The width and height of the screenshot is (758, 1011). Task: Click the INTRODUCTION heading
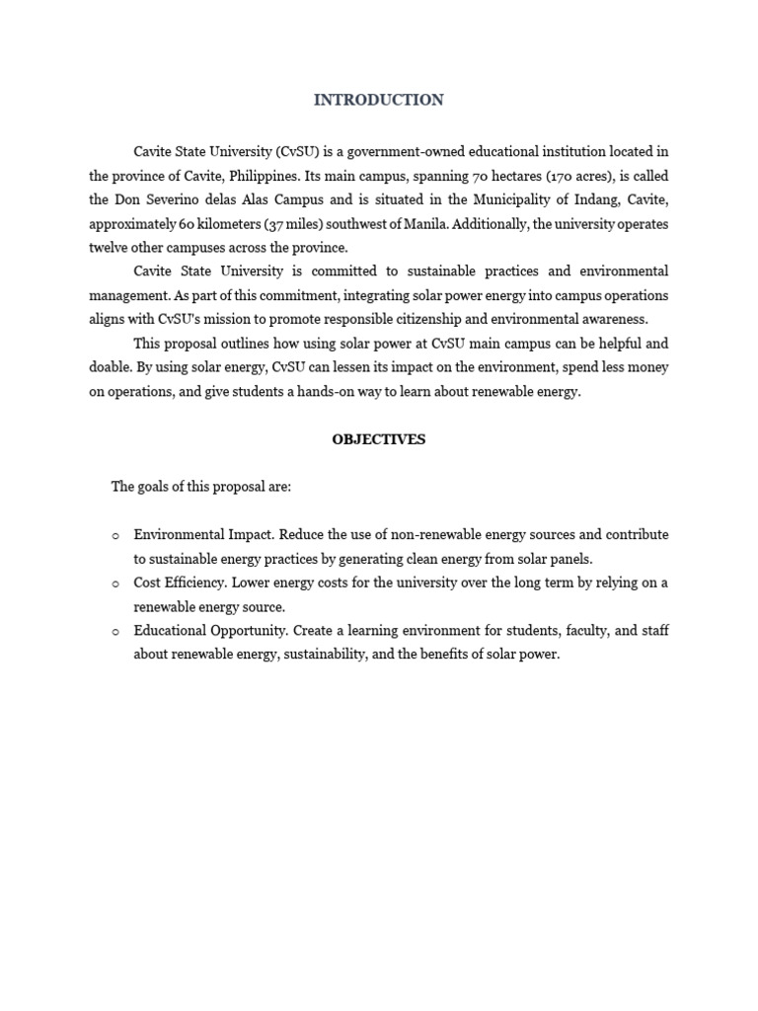pos(379,100)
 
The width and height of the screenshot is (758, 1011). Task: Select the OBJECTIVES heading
pos(379,439)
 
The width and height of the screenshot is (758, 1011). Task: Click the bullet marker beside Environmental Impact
pos(114,535)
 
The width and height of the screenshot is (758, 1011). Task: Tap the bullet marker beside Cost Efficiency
pos(114,583)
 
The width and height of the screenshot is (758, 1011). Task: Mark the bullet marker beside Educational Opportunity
pos(114,631)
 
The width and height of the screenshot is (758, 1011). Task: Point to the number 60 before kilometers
pos(189,224)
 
